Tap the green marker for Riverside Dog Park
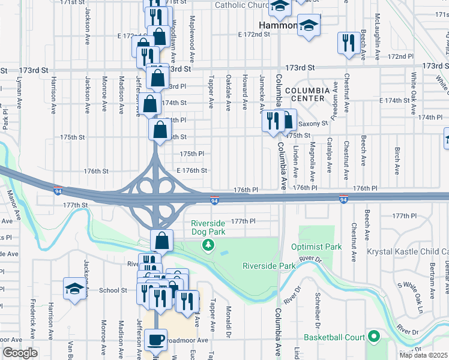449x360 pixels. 208,244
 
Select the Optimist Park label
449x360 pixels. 316,247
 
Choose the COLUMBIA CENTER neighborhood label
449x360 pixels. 307,95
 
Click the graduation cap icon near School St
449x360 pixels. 74,289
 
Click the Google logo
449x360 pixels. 20,353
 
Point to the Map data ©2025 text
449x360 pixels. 424,355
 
